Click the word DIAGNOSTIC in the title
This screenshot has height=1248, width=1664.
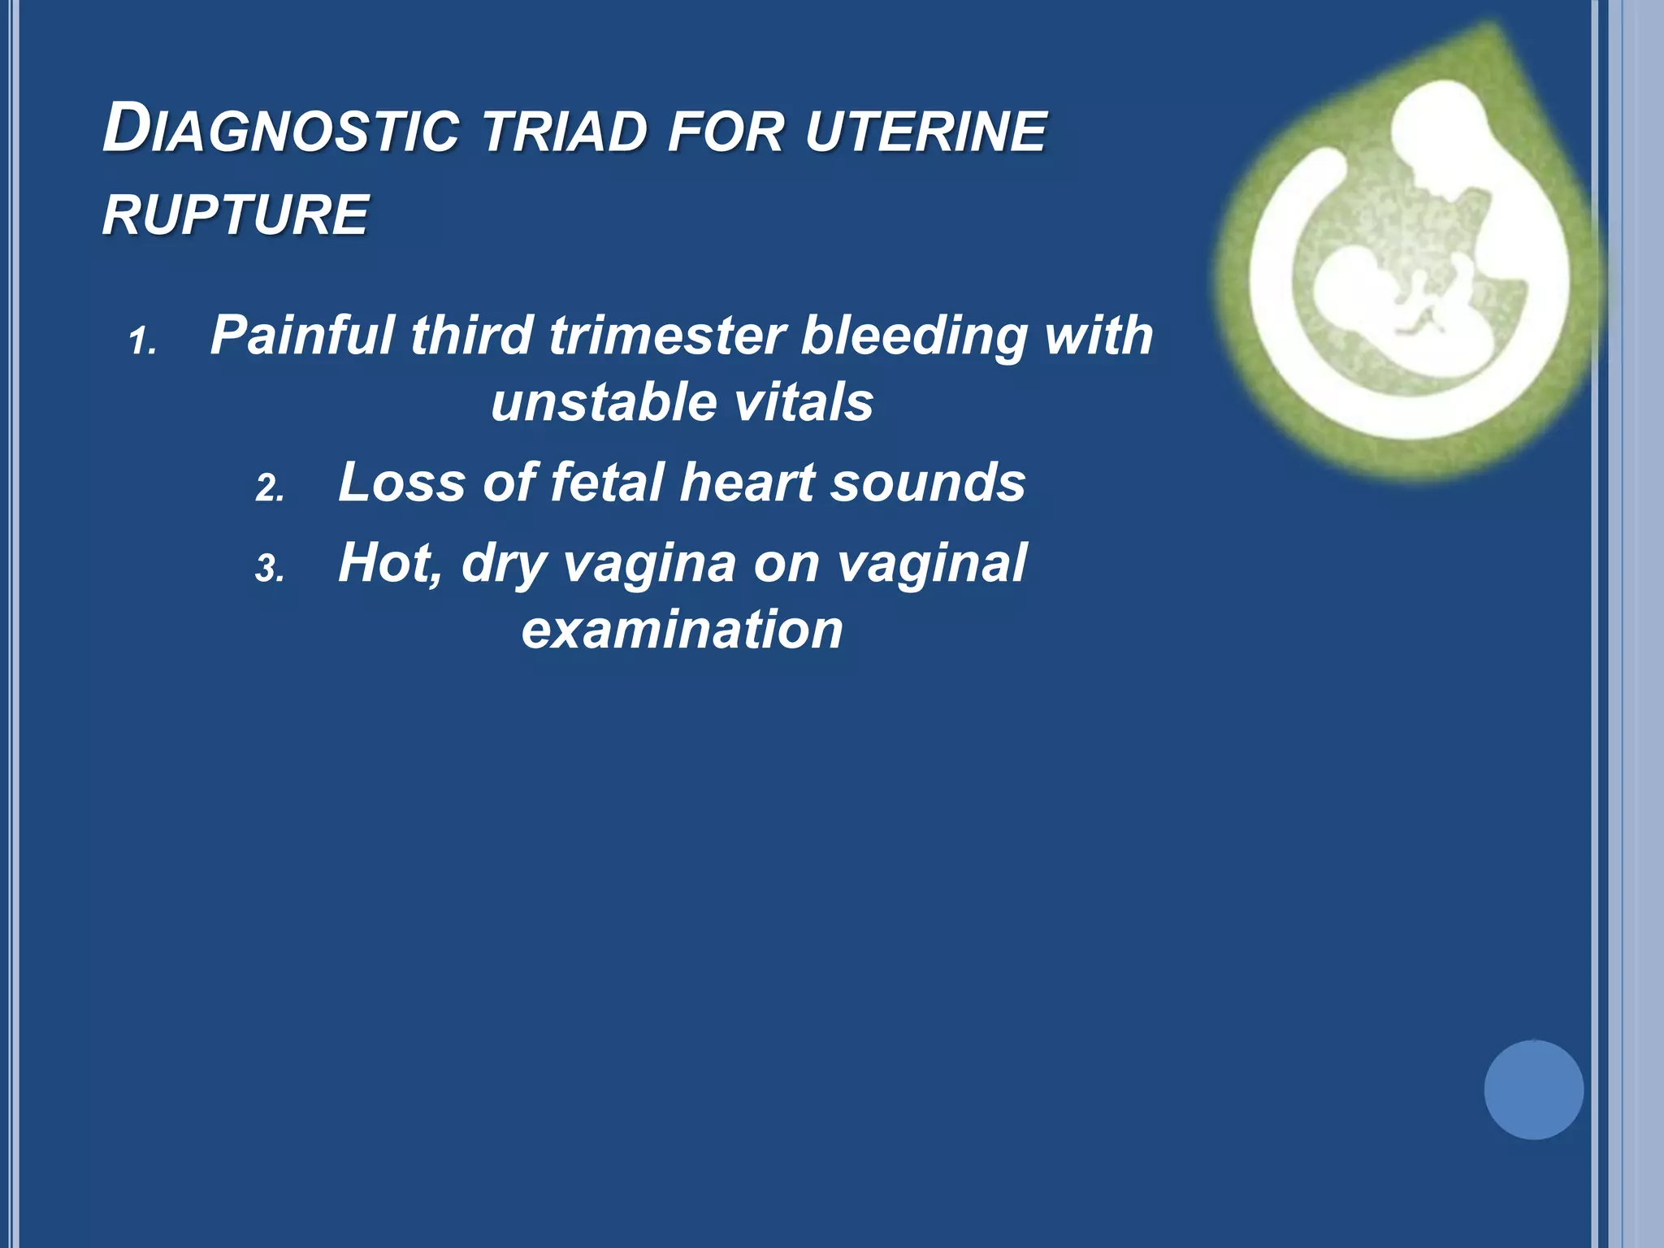tap(280, 130)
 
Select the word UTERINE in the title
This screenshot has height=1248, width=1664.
tap(926, 132)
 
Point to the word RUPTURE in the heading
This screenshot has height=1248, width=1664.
tap(236, 215)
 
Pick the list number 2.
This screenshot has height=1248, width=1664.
tap(269, 488)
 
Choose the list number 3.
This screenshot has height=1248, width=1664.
tap(269, 568)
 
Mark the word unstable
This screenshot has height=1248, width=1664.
tap(593, 402)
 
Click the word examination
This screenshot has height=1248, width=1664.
tap(682, 630)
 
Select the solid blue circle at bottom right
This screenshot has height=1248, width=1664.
tap(1533, 1090)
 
